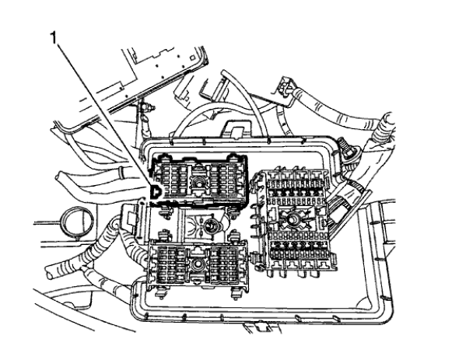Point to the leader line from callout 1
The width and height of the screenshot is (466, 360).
pos(101,109)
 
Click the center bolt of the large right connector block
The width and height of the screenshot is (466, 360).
pos(293,220)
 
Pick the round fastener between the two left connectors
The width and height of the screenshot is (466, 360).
pos(213,225)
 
